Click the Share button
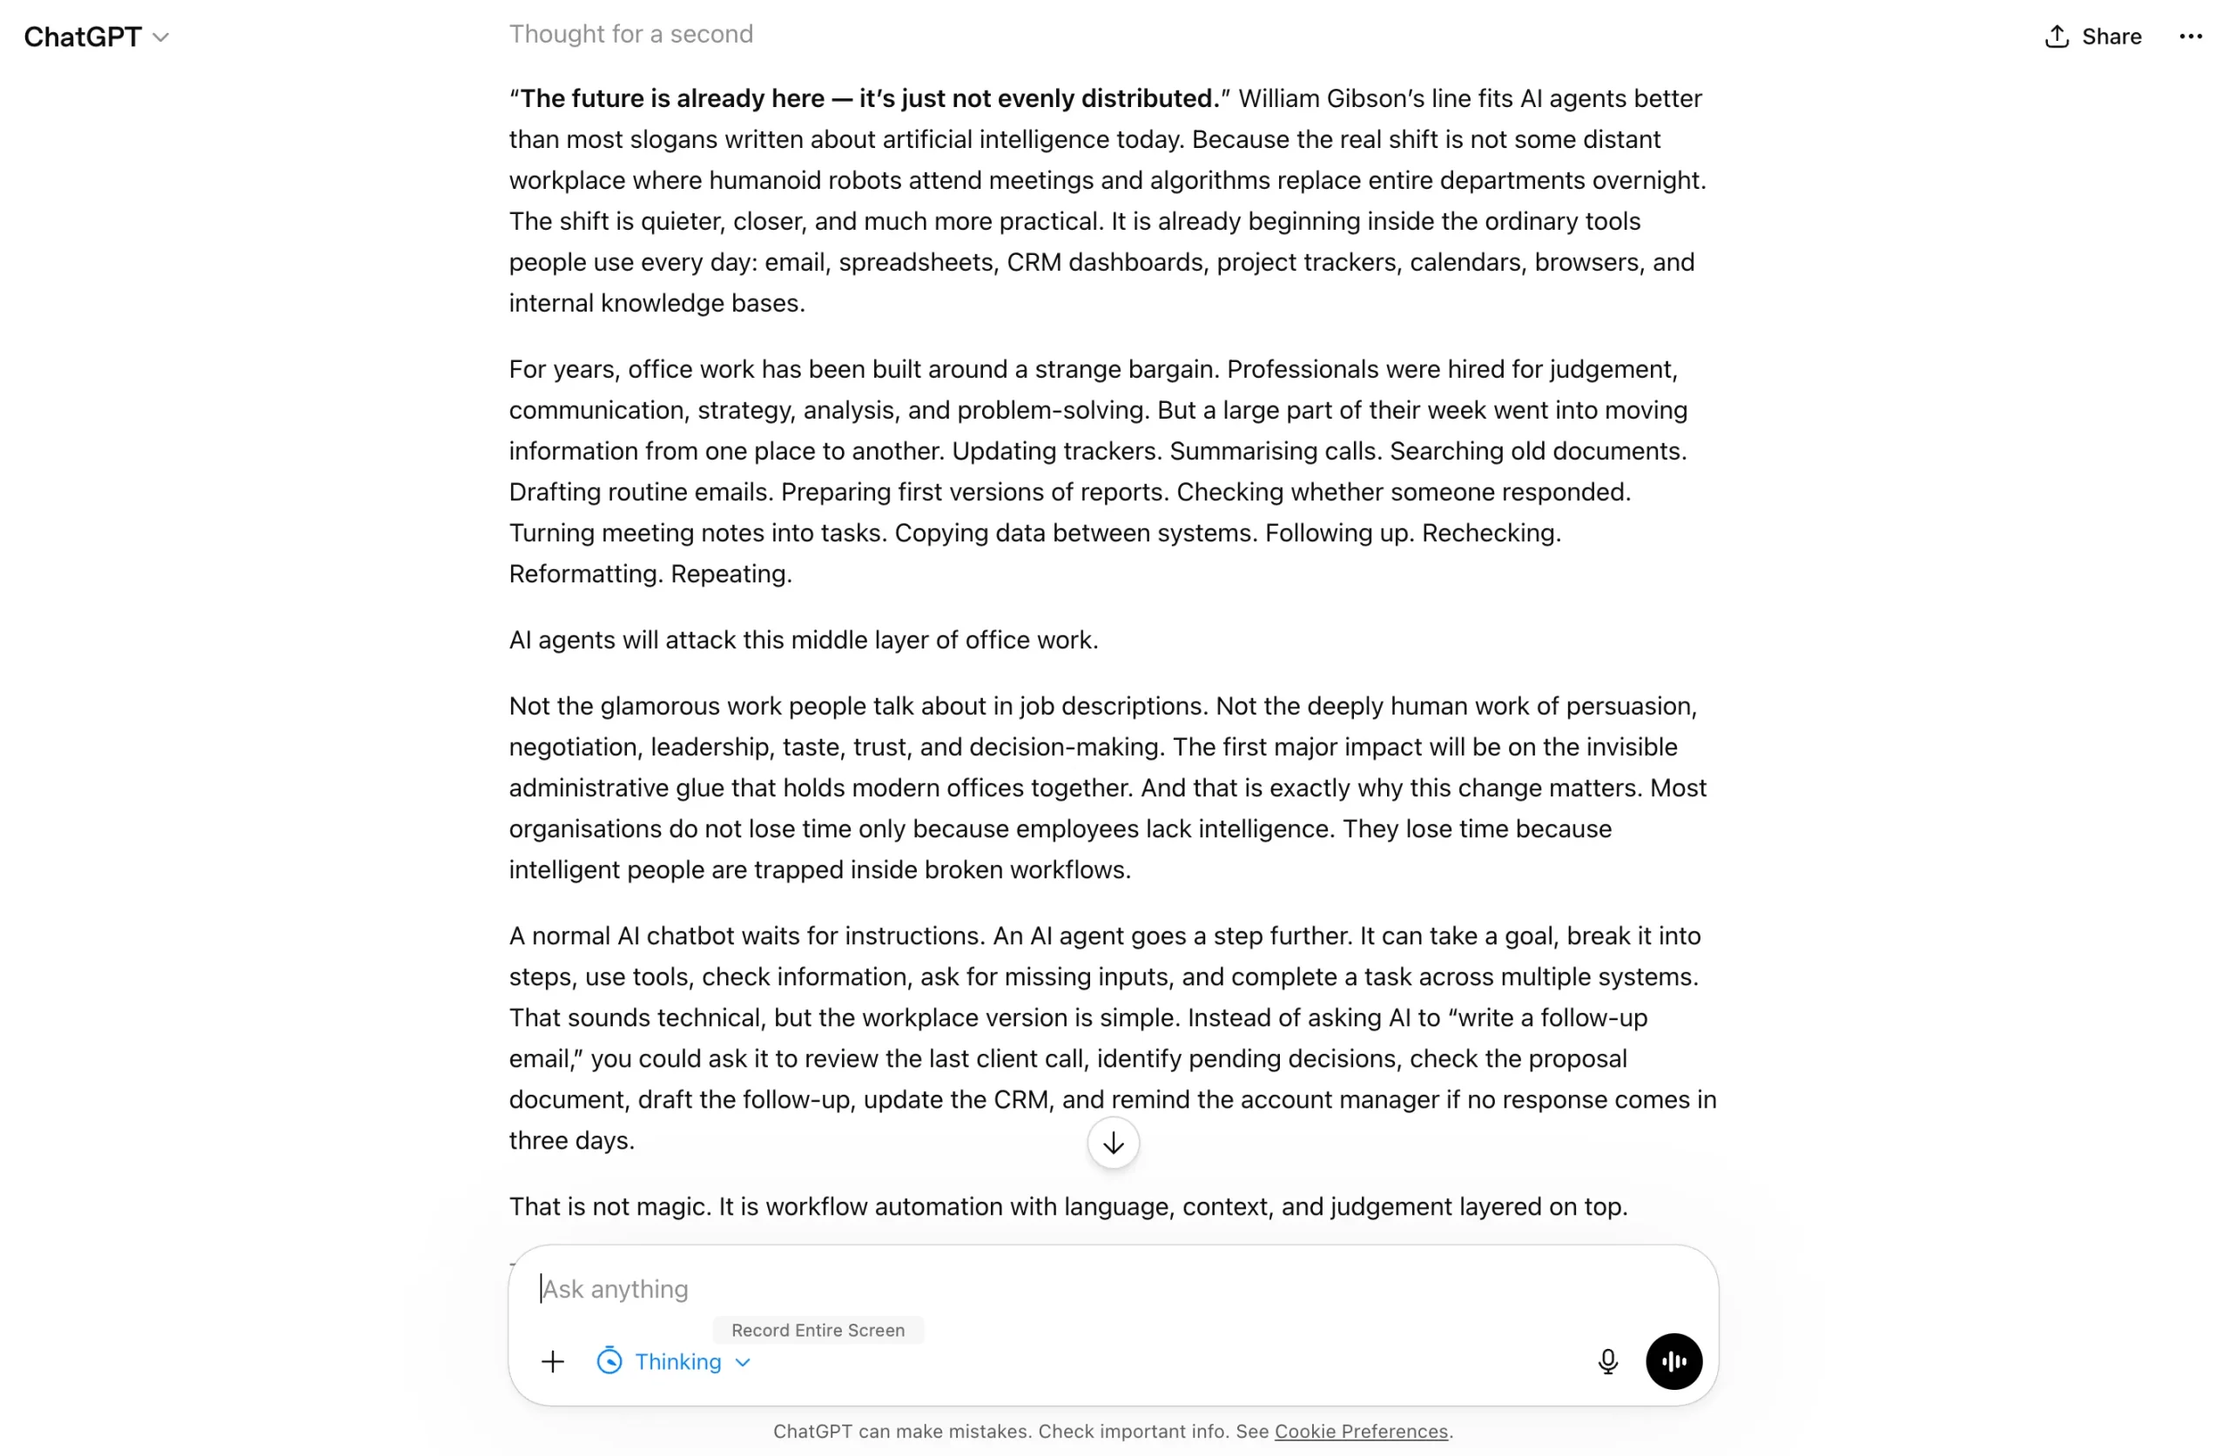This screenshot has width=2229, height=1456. tap(2093, 37)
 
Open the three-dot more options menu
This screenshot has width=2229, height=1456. tap(2191, 37)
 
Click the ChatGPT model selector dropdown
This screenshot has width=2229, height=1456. tap(97, 37)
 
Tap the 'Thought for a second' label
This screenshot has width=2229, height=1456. tap(630, 34)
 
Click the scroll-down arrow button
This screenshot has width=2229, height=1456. tap(1113, 1143)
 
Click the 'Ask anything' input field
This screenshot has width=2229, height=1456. tap(1030, 1288)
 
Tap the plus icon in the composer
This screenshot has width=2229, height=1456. tap(553, 1360)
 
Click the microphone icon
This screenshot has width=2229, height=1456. tap(1607, 1360)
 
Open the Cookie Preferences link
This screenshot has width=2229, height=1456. tap(1361, 1431)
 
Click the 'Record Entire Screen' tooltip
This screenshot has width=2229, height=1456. tap(818, 1330)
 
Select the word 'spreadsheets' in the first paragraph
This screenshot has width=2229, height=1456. tap(915, 262)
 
